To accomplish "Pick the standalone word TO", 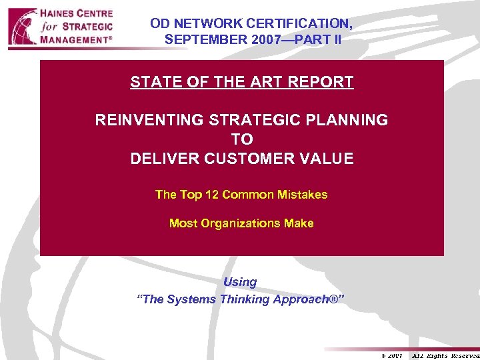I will coord(241,139).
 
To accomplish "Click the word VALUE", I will coord(327,159).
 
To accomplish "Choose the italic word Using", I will coord(240,282).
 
